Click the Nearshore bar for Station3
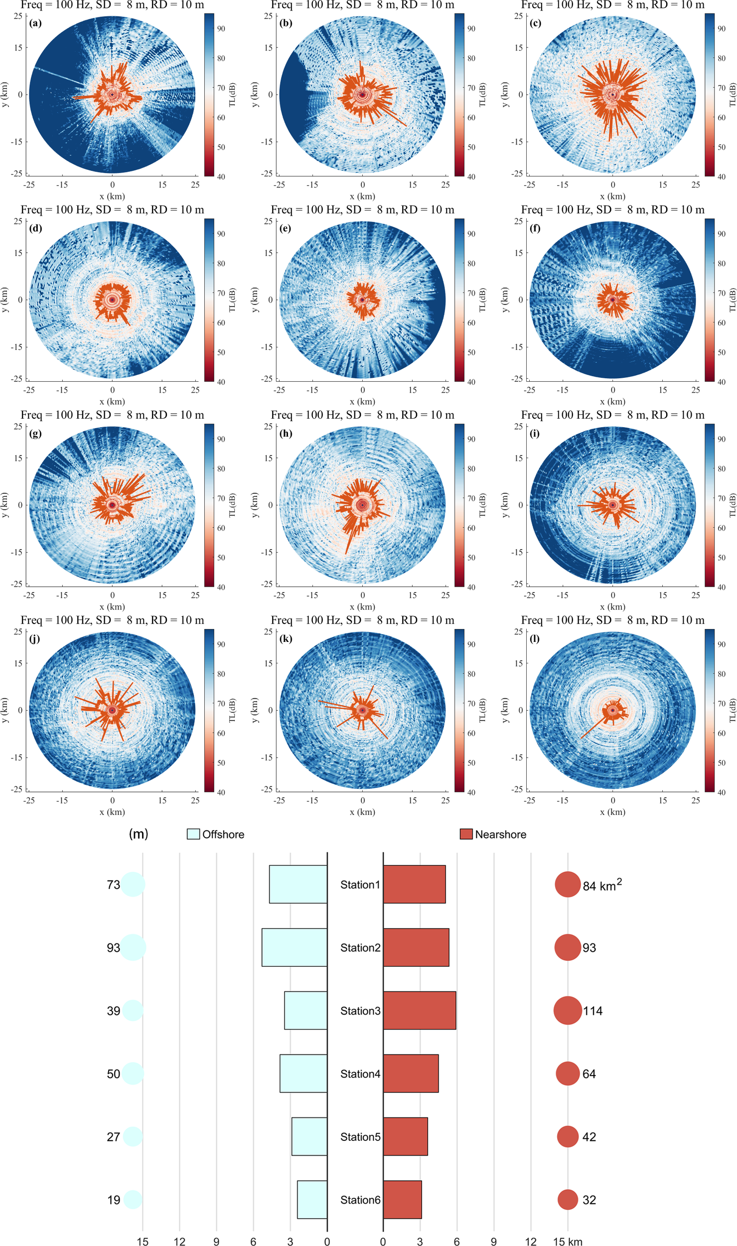pyautogui.click(x=419, y=1010)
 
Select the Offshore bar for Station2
pyautogui.click(x=295, y=947)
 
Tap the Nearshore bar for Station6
pyautogui.click(x=402, y=1200)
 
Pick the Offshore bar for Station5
pyautogui.click(x=309, y=1136)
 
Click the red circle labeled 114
pyautogui.click(x=568, y=1010)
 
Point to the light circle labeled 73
pyautogui.click(x=133, y=884)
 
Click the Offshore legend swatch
pyautogui.click(x=193, y=834)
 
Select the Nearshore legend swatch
pyautogui.click(x=466, y=834)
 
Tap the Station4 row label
pyautogui.click(x=360, y=1074)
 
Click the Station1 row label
pyautogui.click(x=360, y=885)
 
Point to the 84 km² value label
pyautogui.click(x=602, y=885)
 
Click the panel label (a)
pyautogui.click(x=35, y=23)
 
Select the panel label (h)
pyautogui.click(x=286, y=433)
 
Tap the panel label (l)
pyautogui.click(x=535, y=638)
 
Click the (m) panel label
pyautogui.click(x=139, y=834)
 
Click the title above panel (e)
pyautogui.click(x=362, y=210)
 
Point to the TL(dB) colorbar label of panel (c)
pyautogui.click(x=733, y=95)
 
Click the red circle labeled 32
pyautogui.click(x=568, y=1200)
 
